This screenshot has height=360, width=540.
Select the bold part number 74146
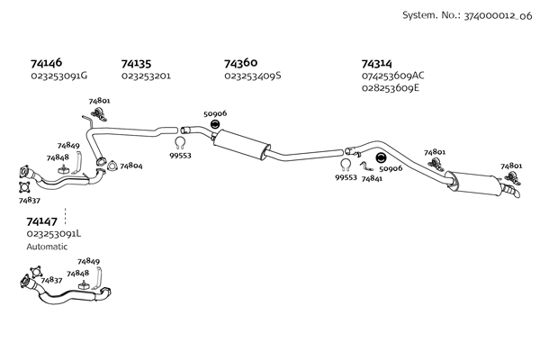coord(46,64)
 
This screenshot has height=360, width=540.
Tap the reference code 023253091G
coord(58,76)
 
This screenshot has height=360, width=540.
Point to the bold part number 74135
coord(136,64)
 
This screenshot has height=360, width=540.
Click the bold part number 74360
coord(240,63)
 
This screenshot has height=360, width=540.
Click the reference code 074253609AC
coord(392,76)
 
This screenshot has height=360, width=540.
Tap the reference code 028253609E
coord(391,88)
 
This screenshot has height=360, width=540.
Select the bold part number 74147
coord(42,220)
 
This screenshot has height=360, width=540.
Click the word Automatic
coord(47,246)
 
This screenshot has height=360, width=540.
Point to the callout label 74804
coord(131,166)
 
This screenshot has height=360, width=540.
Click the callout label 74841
coord(372,178)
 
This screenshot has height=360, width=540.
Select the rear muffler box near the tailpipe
coord(477,184)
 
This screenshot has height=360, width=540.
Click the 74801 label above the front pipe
coord(99,101)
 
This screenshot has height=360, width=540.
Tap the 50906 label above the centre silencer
coord(215,113)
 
